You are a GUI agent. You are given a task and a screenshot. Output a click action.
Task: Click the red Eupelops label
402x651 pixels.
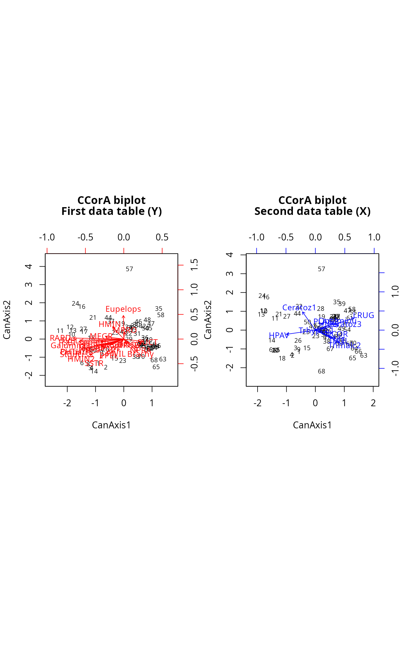pos(123,309)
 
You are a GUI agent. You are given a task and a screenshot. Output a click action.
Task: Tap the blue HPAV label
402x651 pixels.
pos(278,336)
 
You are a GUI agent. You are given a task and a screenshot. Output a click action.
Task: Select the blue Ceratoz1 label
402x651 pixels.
pos(299,308)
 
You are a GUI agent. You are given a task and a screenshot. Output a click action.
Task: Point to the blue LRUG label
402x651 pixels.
pos(364,315)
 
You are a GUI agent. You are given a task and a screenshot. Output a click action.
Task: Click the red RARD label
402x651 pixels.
pos(61,338)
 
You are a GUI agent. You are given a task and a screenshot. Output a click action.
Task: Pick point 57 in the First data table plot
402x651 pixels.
pos(130,269)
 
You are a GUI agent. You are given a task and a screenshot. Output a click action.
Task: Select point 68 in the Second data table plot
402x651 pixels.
pos(322,371)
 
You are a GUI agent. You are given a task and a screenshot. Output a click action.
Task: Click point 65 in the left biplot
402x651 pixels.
pos(156,367)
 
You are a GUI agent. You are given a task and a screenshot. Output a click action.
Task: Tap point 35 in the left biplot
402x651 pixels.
pos(159,309)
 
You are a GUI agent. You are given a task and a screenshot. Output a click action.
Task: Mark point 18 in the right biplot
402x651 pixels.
pos(282,359)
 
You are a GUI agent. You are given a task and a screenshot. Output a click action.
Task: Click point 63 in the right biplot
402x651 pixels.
pos(364,356)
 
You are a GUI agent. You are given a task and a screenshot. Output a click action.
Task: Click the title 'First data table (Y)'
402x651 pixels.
pos(111,211)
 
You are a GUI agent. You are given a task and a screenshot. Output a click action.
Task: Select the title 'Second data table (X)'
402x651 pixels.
pos(312,211)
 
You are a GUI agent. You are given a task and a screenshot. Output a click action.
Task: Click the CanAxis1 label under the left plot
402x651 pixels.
pos(111,425)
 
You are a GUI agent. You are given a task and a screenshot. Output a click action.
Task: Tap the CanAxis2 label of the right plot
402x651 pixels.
pos(208,320)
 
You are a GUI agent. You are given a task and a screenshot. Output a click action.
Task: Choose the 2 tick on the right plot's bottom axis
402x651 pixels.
pos(373,403)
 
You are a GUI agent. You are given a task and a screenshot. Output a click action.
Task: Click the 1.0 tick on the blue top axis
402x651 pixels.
pos(374,237)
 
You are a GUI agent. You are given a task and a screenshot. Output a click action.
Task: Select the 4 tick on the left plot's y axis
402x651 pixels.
pos(29,266)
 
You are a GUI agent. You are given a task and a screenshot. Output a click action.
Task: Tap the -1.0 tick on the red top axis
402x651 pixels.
pos(47,237)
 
